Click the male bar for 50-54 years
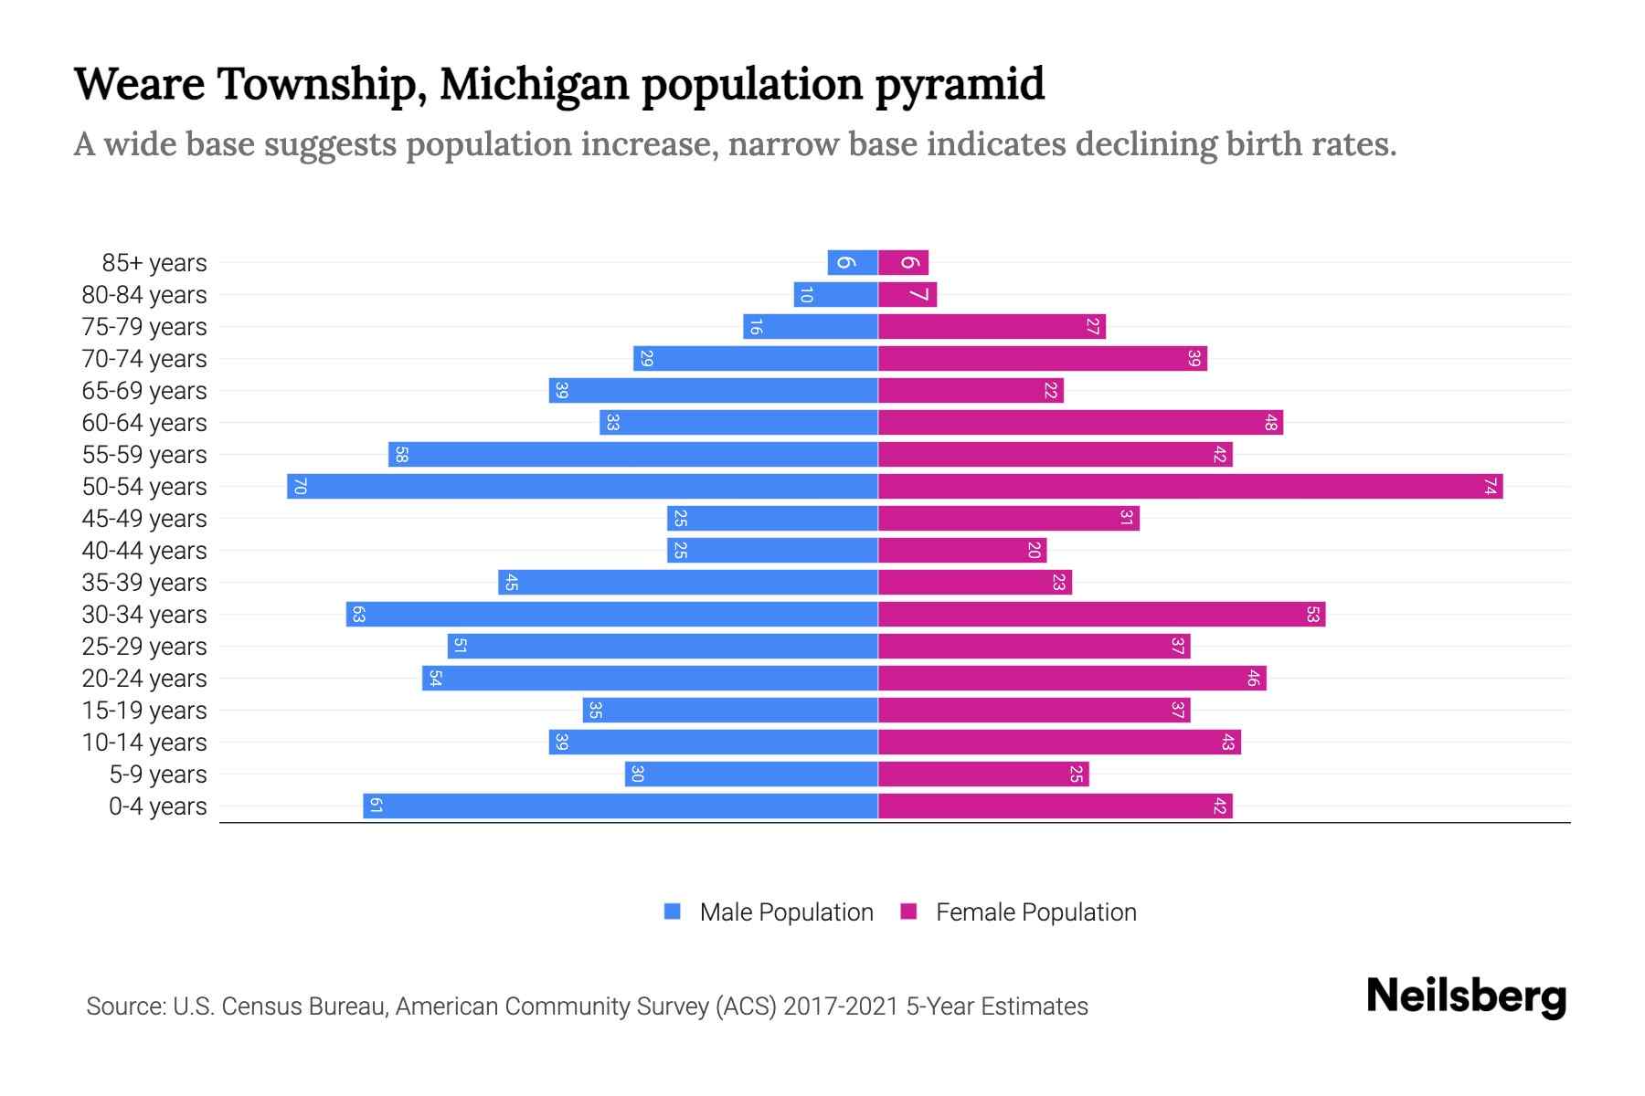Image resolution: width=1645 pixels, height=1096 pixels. [x=582, y=486]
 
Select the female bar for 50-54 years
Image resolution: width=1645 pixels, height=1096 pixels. [x=1190, y=486]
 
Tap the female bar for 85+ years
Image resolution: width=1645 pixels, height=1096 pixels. [x=903, y=262]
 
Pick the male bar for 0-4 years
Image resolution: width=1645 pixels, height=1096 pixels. [x=621, y=806]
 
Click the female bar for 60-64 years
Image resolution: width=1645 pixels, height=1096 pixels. [x=1080, y=422]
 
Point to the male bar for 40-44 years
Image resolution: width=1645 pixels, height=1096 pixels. [x=772, y=550]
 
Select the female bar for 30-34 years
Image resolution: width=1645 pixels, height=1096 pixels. [x=1101, y=614]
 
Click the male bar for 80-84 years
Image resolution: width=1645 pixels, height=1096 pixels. [x=835, y=294]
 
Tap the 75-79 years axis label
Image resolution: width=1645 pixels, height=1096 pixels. [x=144, y=327]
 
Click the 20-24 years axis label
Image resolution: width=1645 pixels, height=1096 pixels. [x=144, y=679]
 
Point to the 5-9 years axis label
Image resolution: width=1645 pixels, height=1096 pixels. [x=158, y=775]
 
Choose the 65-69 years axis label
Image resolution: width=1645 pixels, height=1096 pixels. [x=144, y=391]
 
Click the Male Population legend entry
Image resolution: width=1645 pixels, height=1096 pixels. [x=785, y=912]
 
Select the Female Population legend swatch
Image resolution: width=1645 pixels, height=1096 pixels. [x=908, y=912]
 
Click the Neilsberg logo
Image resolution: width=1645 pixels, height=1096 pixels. [x=1466, y=996]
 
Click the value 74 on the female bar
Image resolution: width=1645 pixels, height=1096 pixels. [x=1490, y=486]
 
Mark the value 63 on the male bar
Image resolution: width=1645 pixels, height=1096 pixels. [x=358, y=614]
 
